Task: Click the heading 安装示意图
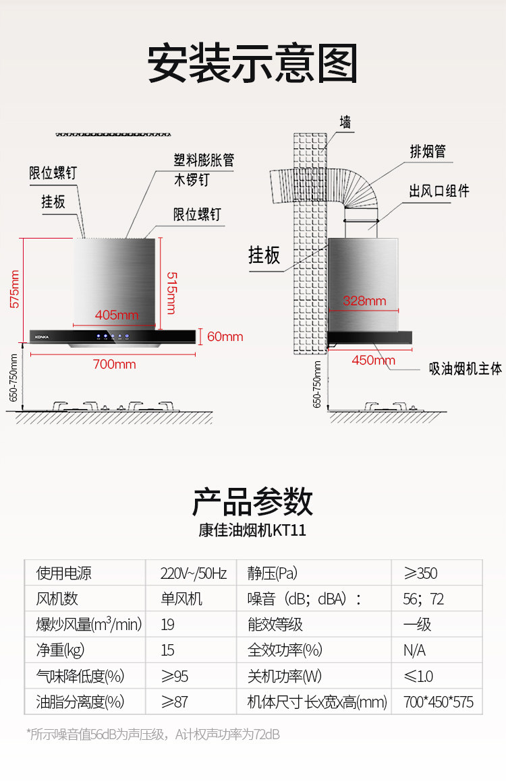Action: click(252, 64)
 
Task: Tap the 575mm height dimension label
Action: click(16, 288)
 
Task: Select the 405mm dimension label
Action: click(116, 315)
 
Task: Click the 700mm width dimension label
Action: click(114, 365)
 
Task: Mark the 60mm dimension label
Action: click(225, 336)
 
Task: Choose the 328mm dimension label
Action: click(364, 301)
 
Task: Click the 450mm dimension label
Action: click(373, 361)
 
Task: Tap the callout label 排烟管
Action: click(428, 152)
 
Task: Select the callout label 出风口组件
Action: click(439, 191)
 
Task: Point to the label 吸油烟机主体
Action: click(466, 369)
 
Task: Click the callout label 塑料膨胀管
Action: click(204, 161)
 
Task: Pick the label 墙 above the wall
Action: click(345, 122)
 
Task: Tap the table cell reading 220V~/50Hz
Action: click(193, 573)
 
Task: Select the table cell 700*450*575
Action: click(438, 701)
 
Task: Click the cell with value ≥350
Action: click(420, 573)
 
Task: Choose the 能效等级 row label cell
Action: click(275, 625)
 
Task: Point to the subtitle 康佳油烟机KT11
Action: click(252, 530)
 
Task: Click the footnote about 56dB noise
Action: click(153, 734)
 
